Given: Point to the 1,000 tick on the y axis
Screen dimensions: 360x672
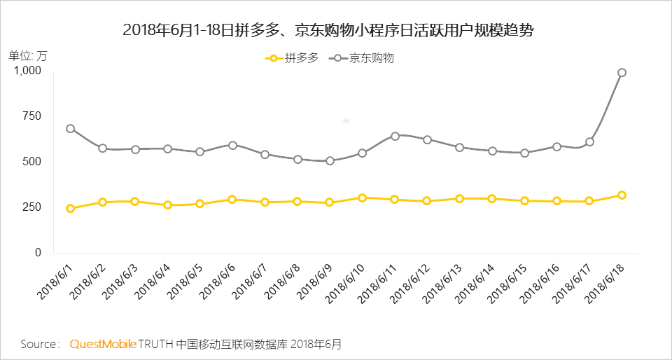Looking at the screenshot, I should pos(28,71).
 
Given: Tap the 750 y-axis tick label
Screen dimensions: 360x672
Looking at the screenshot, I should pos(32,116).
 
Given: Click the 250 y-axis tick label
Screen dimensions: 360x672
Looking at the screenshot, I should pos(32,207).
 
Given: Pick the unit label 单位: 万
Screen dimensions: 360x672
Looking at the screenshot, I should pos(28,55).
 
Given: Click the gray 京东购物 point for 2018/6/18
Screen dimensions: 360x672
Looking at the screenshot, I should pos(622,73).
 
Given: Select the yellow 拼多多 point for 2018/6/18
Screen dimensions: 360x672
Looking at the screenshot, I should pos(622,195).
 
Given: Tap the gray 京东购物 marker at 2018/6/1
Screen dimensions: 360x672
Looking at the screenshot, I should pos(70,129).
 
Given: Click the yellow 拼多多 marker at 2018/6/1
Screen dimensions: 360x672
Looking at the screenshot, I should pos(70,209).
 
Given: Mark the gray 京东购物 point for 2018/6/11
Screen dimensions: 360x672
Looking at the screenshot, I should pos(395,136).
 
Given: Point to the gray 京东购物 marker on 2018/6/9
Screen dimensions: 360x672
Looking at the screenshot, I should pos(330,160).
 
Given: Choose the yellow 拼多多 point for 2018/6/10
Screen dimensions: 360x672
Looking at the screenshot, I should pos(362,198).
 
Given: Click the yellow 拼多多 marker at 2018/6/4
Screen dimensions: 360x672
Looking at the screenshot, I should pos(167,205).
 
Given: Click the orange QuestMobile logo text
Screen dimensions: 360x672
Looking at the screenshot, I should pos(102,345).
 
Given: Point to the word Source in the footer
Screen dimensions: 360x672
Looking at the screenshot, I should pos(40,345).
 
